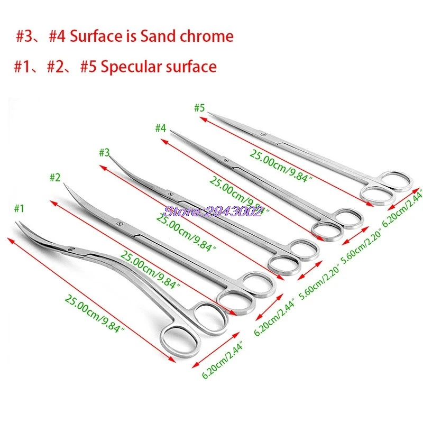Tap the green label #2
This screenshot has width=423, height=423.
pos(55,178)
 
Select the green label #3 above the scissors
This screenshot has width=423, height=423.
pos(104,153)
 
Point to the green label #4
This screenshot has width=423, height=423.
pos(161,128)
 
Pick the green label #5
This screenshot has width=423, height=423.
pos(199,108)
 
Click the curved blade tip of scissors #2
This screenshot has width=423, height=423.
pos(65,184)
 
